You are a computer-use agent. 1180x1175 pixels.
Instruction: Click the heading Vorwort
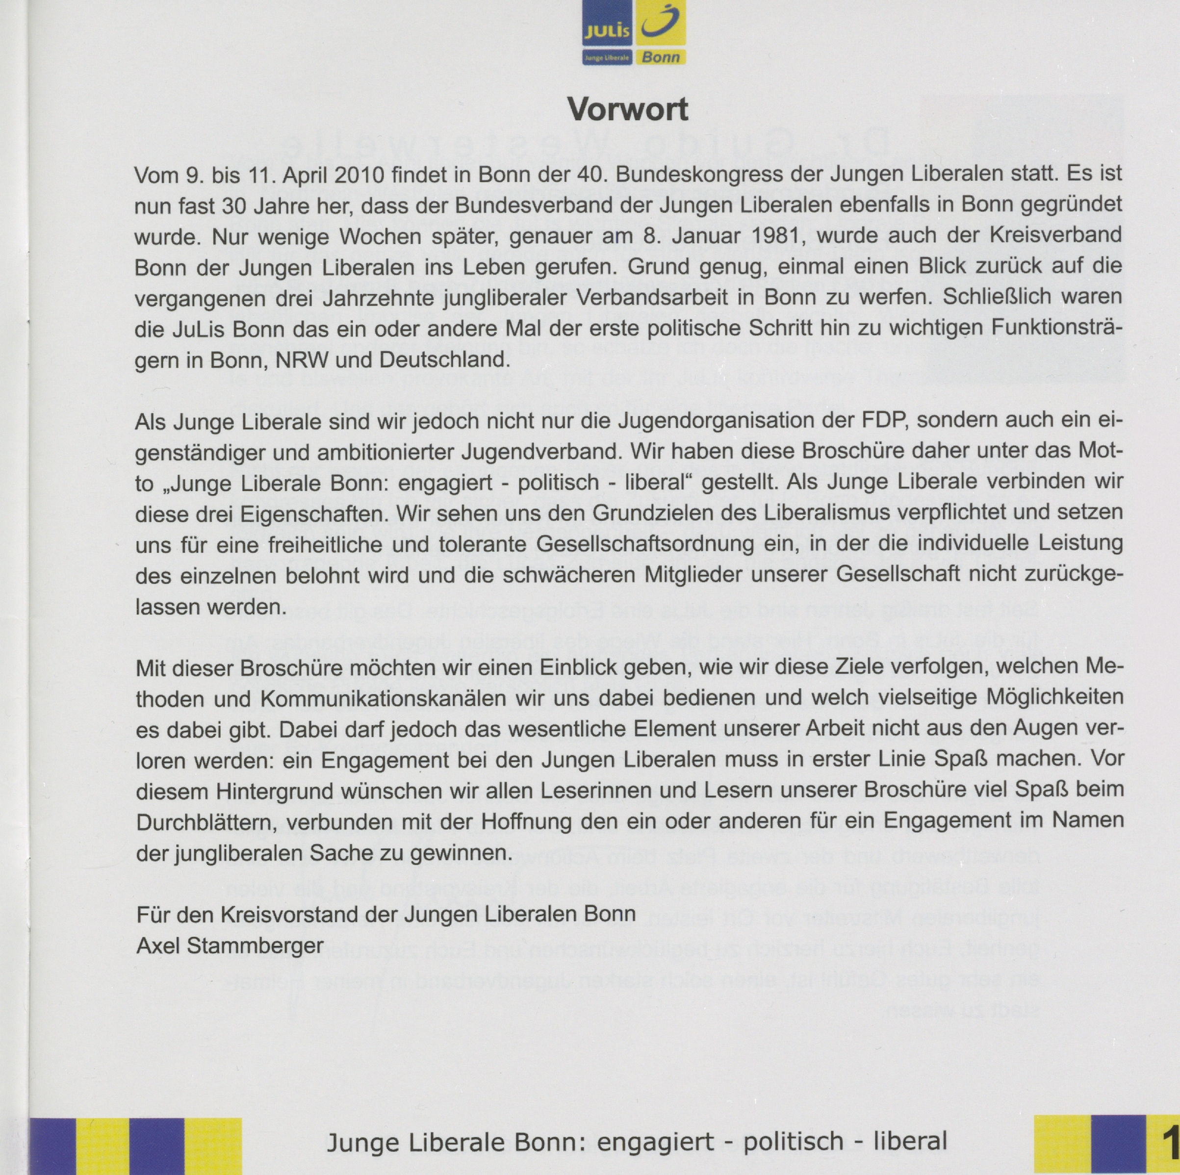[x=627, y=109]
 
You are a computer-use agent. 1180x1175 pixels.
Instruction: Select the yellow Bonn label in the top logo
[x=660, y=57]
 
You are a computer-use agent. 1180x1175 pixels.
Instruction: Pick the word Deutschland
[x=444, y=359]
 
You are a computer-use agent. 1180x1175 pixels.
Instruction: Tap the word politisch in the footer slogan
[x=793, y=1141]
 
